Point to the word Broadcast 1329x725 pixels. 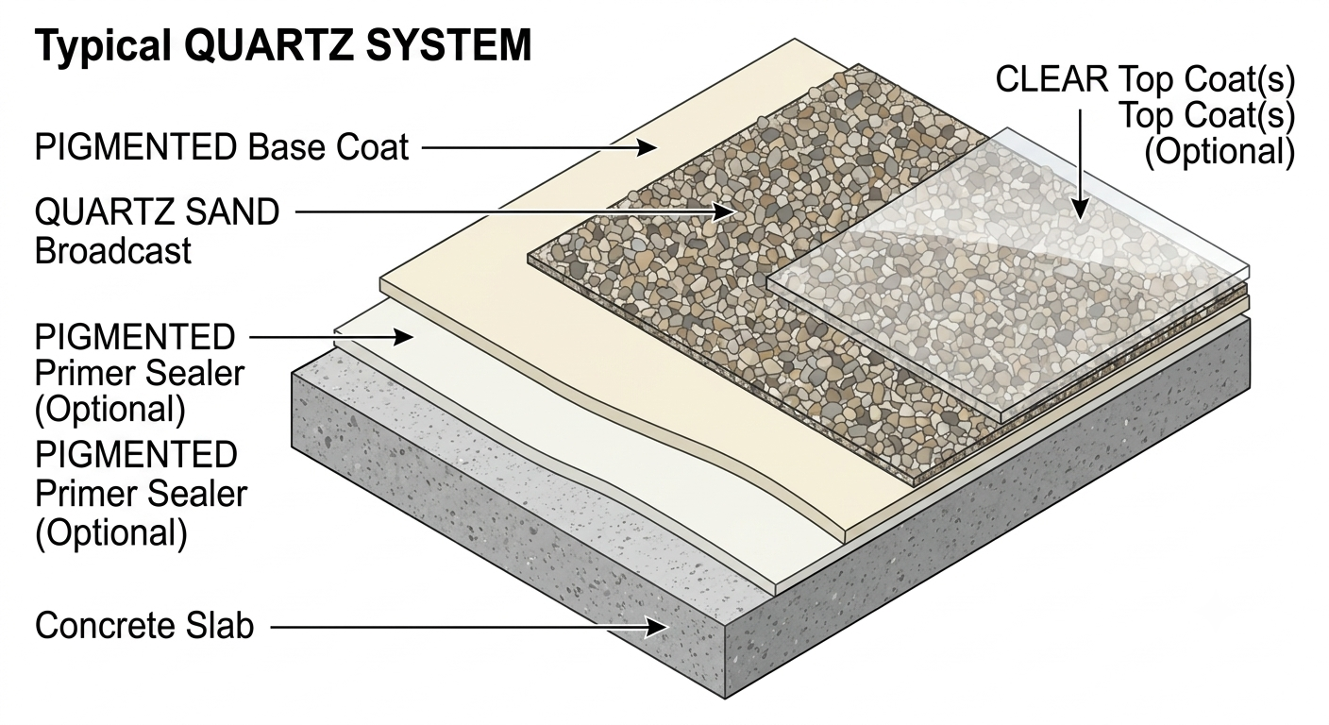tap(112, 251)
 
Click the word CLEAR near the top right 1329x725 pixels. tap(1051, 79)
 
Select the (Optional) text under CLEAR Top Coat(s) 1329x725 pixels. tap(1220, 152)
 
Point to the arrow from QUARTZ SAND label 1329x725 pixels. tap(516, 211)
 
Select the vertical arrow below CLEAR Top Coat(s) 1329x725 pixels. tap(1080, 164)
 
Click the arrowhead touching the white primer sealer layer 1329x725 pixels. tap(403, 337)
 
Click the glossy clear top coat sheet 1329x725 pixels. tap(1009, 273)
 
